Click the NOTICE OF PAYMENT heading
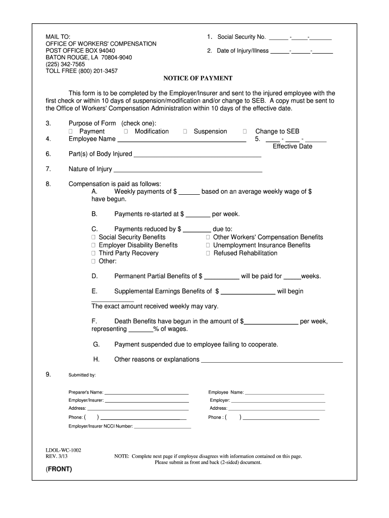[x=198, y=78]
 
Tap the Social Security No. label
[x=241, y=37]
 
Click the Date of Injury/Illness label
[x=243, y=51]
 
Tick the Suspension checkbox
[x=185, y=132]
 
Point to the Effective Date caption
[x=293, y=147]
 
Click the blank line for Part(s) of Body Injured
[x=197, y=155]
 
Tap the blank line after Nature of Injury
[x=187, y=170]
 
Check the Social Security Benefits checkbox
[x=93, y=237]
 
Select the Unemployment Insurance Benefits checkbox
[x=208, y=245]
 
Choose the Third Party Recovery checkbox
[x=93, y=253]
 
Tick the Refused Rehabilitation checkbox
[x=208, y=253]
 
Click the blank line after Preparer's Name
[x=147, y=393]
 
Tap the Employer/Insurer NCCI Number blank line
[x=162, y=427]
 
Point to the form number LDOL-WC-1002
[x=63, y=450]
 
